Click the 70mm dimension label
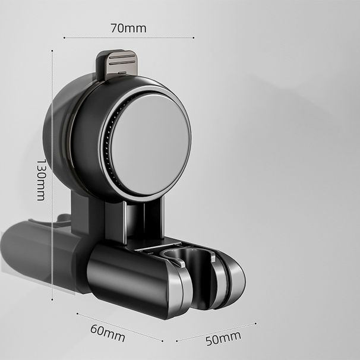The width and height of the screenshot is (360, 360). point(128,27)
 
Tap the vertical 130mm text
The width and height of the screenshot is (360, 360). point(41,179)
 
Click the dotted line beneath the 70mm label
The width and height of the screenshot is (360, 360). point(128,38)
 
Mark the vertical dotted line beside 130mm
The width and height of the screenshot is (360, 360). point(53,178)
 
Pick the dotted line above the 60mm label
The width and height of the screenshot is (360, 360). point(119,326)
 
